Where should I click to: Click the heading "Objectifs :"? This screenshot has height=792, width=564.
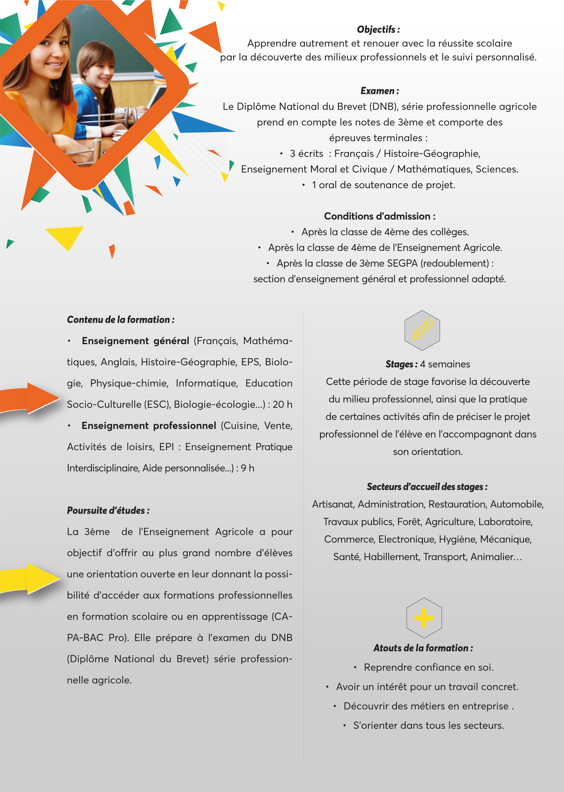[378, 30]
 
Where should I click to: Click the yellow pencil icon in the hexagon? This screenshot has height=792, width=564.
[422, 330]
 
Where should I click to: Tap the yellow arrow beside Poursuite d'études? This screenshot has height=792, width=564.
[31, 578]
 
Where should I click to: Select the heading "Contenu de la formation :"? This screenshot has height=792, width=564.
[120, 319]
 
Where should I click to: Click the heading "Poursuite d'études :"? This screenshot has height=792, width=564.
[108, 510]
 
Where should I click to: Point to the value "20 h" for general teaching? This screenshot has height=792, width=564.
[282, 404]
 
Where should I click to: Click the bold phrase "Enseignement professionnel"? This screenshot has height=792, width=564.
[149, 426]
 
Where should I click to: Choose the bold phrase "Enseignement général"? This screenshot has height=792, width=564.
[135, 341]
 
